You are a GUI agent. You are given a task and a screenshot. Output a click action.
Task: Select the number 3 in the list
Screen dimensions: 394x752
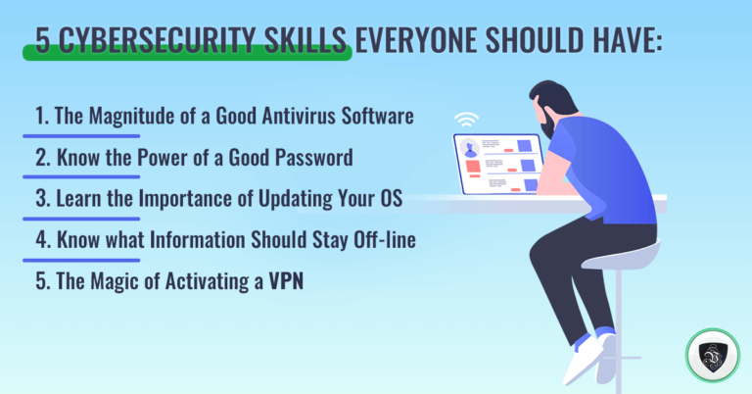point(40,199)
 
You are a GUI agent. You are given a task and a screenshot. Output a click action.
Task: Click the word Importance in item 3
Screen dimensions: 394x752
point(182,199)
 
